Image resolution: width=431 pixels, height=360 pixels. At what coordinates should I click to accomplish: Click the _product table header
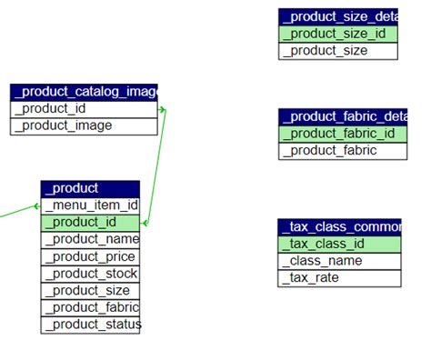click(90, 188)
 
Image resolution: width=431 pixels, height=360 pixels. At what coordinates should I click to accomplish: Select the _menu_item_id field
click(90, 205)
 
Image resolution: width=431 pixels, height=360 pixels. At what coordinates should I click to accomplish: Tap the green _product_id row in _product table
click(90, 223)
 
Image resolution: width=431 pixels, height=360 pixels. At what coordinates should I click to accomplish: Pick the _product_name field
click(90, 239)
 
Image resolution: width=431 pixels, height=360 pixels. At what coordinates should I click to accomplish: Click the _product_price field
click(90, 256)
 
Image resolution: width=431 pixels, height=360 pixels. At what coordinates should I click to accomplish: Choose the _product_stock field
click(90, 274)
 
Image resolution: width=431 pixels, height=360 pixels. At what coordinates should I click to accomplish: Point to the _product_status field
click(90, 325)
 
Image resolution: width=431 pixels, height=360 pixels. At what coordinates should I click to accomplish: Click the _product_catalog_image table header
click(85, 91)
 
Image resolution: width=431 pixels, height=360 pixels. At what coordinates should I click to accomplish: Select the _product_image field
click(85, 125)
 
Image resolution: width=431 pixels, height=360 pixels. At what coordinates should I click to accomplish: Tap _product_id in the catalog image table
click(85, 108)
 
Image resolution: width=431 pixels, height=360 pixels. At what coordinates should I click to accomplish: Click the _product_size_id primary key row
click(338, 34)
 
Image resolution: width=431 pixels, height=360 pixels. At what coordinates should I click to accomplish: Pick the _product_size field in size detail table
click(338, 51)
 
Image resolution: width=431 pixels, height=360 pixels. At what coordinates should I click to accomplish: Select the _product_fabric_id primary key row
click(338, 134)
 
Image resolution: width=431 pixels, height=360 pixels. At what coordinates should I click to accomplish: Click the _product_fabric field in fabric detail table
click(338, 151)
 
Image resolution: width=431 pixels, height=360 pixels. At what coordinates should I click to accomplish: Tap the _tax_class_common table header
click(338, 226)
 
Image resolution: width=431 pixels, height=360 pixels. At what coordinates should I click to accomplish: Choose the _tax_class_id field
click(338, 244)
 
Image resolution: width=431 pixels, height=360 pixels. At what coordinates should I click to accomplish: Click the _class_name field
click(338, 261)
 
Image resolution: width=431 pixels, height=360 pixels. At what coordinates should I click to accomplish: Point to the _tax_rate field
click(338, 278)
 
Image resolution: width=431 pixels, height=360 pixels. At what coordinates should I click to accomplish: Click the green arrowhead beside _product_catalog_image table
click(163, 109)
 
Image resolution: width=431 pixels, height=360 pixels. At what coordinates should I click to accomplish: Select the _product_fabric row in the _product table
click(90, 307)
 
